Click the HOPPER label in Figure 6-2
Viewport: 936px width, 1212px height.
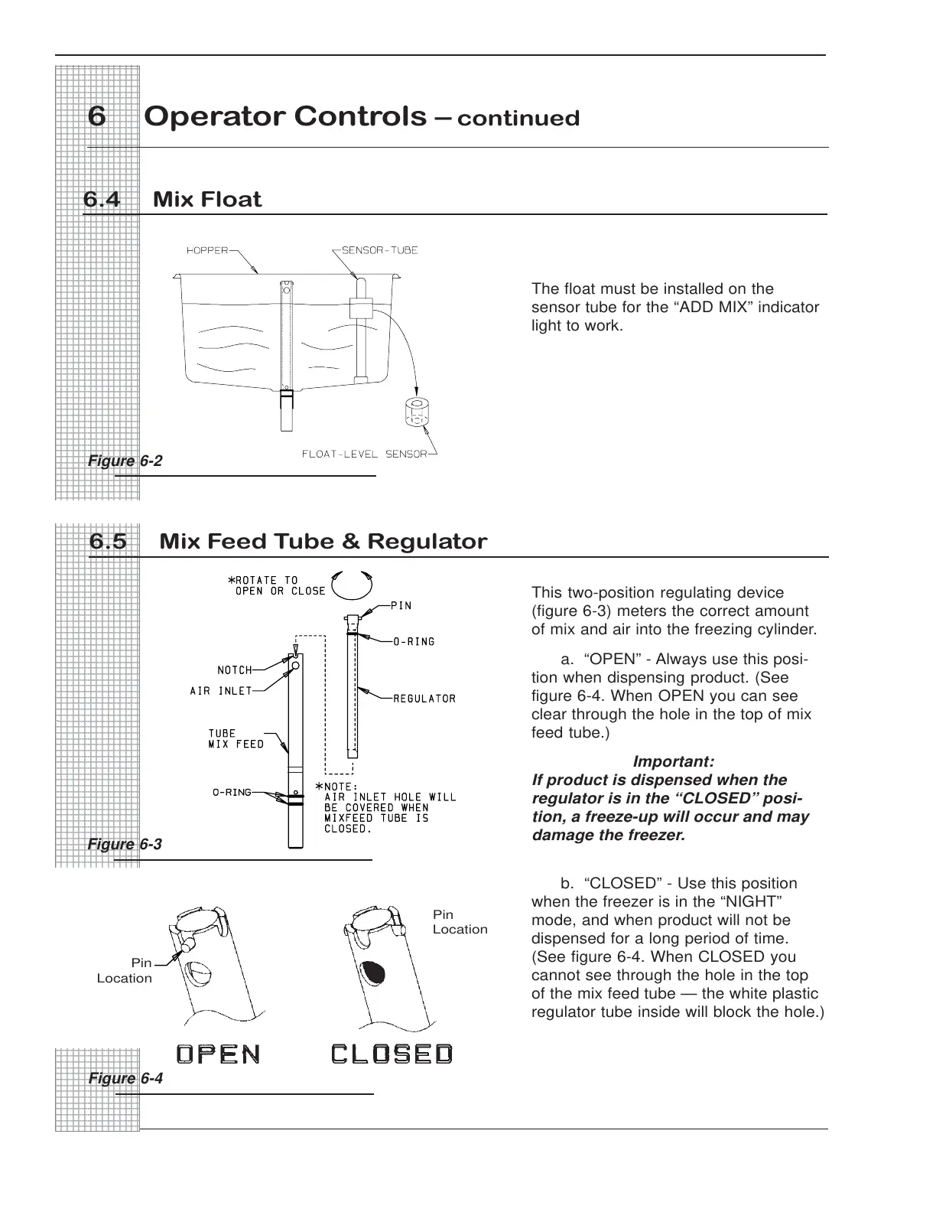click(207, 250)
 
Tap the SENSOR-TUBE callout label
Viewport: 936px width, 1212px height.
click(379, 250)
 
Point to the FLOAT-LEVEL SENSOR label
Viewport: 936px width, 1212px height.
click(364, 454)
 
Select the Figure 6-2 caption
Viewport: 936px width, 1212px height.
click(125, 461)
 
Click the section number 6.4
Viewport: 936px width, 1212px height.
click(102, 200)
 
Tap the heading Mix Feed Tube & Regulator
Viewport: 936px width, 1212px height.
click(323, 542)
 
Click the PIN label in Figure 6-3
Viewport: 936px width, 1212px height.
click(401, 606)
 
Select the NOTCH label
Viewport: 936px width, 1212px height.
click(235, 670)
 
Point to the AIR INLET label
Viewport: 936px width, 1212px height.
click(221, 691)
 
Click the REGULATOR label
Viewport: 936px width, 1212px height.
click(424, 699)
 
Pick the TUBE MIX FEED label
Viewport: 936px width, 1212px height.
click(236, 739)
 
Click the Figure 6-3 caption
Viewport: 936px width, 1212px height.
click(125, 844)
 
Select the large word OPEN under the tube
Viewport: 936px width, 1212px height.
click(219, 1054)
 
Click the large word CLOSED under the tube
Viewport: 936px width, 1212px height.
click(392, 1054)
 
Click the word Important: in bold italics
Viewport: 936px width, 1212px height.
click(674, 762)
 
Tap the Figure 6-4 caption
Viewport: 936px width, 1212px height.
click(125, 1078)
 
